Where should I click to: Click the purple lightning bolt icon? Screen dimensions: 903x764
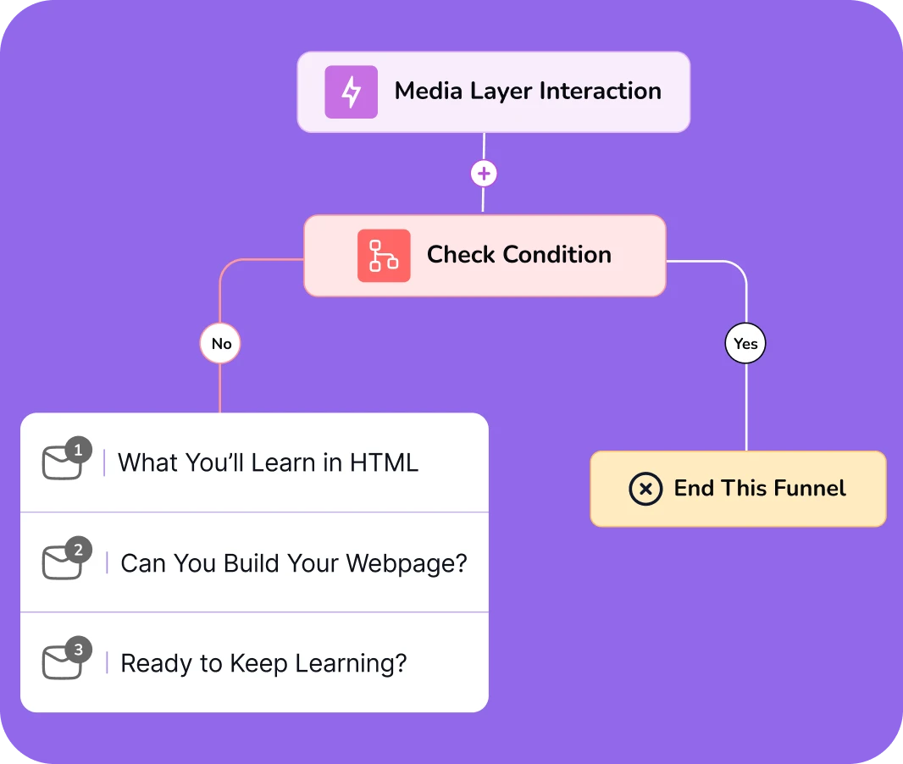click(352, 92)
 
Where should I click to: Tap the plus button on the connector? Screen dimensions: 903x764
click(484, 174)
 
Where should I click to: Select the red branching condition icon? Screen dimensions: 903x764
click(384, 256)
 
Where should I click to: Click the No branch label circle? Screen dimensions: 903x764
click(220, 344)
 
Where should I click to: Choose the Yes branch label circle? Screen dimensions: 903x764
click(745, 344)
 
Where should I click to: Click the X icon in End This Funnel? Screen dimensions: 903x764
click(645, 489)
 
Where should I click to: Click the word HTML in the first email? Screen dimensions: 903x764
click(384, 463)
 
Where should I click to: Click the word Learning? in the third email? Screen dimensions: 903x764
click(351, 664)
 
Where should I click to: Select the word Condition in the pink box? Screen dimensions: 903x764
click(557, 254)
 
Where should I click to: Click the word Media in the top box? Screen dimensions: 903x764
click(429, 91)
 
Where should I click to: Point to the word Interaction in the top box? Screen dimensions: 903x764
click(600, 91)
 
